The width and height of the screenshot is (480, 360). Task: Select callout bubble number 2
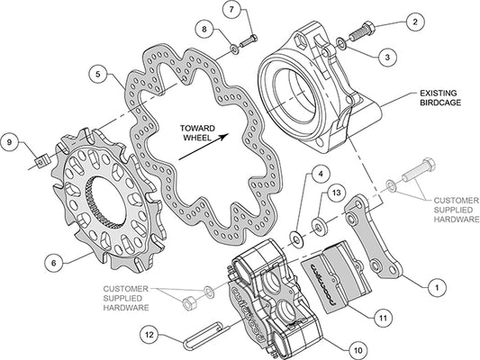click(415, 20)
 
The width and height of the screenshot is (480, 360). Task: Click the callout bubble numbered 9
click(11, 142)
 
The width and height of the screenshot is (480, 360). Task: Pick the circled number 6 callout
click(53, 263)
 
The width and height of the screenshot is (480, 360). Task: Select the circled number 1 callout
click(435, 288)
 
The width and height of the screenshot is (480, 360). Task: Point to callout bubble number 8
click(206, 30)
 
